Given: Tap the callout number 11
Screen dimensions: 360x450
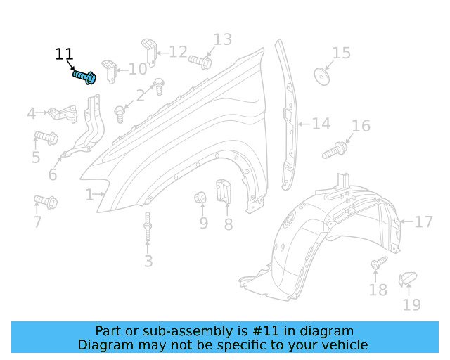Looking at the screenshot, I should pyautogui.click(x=64, y=54).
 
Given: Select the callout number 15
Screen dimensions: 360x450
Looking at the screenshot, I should pyautogui.click(x=341, y=53).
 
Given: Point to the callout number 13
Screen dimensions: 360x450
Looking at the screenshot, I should pyautogui.click(x=222, y=39).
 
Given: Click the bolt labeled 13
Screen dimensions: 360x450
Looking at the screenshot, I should pyautogui.click(x=200, y=62).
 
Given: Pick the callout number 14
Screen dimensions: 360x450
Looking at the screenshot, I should pyautogui.click(x=321, y=124).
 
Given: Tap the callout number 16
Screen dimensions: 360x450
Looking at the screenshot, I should pyautogui.click(x=361, y=127).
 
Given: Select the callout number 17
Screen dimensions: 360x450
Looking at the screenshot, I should pyautogui.click(x=423, y=222).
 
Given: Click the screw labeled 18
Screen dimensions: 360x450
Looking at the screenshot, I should pyautogui.click(x=378, y=264).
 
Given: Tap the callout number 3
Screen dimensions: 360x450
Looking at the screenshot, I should pyautogui.click(x=148, y=262).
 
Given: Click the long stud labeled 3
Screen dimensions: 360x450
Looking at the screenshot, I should pyautogui.click(x=148, y=228).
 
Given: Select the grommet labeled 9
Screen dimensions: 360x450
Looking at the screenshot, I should pyautogui.click(x=200, y=198).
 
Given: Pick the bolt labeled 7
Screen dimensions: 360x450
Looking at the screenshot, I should pyautogui.click(x=46, y=202).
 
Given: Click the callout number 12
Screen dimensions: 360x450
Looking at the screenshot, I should pyautogui.click(x=178, y=51).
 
